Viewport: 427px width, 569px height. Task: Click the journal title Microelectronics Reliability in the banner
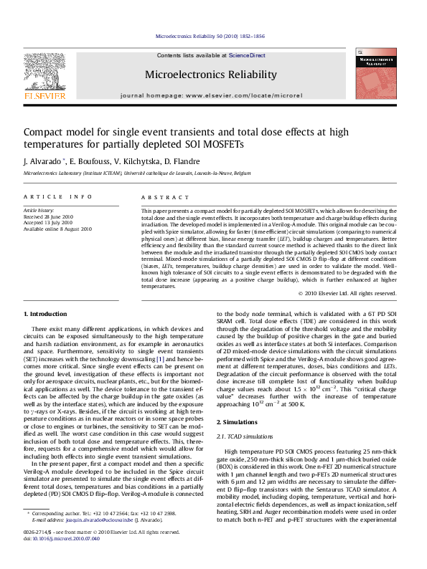(x=210, y=75)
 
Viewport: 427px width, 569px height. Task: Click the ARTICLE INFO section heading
(x=58, y=196)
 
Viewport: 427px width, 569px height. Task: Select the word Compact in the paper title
(x=45, y=132)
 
